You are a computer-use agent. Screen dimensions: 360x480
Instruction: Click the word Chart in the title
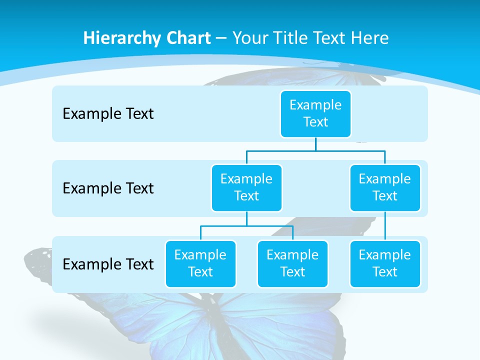pyautogui.click(x=189, y=38)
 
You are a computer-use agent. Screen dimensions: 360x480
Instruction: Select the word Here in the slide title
pyautogui.click(x=369, y=38)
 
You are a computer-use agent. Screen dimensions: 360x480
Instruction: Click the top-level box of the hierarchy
pyautogui.click(x=315, y=113)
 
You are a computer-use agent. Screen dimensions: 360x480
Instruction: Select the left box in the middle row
pyautogui.click(x=246, y=187)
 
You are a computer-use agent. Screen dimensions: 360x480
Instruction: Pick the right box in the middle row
pyautogui.click(x=385, y=187)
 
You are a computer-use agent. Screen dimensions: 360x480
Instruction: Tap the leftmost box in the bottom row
pyautogui.click(x=200, y=263)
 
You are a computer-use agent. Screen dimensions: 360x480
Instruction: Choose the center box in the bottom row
pyautogui.click(x=292, y=263)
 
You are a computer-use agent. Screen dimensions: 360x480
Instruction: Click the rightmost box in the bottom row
pyautogui.click(x=385, y=263)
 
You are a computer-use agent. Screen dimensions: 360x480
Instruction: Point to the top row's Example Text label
pyautogui.click(x=108, y=113)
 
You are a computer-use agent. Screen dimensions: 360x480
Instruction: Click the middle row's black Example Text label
pyautogui.click(x=108, y=188)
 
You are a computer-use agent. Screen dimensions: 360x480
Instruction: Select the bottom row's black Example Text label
pyautogui.click(x=108, y=264)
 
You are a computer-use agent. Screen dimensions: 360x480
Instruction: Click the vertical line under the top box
pyautogui.click(x=315, y=144)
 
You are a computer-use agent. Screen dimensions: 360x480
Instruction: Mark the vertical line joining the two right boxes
pyautogui.click(x=385, y=226)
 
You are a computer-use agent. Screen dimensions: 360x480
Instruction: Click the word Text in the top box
pyautogui.click(x=315, y=122)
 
